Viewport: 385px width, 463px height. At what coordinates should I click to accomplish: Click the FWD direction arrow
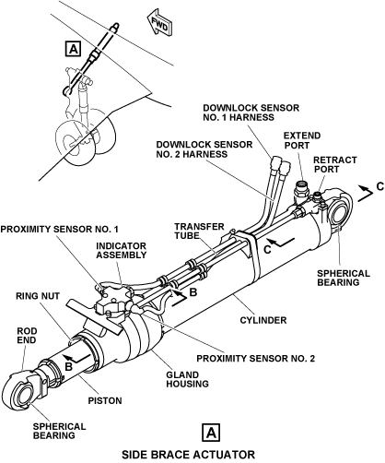point(158,22)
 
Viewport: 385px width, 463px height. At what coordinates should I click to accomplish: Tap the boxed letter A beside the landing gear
point(74,49)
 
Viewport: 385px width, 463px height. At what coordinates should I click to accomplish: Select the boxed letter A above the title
point(211,433)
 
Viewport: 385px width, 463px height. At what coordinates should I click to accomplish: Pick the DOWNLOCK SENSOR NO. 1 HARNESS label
point(251,113)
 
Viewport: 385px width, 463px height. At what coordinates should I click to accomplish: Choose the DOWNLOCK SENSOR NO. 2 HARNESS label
point(204,149)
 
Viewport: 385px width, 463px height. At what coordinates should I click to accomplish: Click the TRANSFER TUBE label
point(200,231)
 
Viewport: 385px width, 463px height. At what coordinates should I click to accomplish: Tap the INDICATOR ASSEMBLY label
point(122,251)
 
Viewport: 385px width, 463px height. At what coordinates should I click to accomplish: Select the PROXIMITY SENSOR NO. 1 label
point(59,230)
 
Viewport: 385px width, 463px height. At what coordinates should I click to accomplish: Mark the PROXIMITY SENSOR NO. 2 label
point(256,359)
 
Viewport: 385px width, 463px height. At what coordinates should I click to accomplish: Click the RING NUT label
point(38,296)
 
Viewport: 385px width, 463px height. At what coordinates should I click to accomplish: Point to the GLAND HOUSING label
point(187,379)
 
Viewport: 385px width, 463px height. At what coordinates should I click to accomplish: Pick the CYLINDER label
point(263,320)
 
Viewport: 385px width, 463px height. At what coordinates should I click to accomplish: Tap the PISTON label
point(105,401)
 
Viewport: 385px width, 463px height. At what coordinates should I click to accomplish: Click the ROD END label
point(27,336)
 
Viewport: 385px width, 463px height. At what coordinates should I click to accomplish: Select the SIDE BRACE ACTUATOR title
point(188,455)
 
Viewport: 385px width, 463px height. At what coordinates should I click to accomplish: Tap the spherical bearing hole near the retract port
point(339,213)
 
